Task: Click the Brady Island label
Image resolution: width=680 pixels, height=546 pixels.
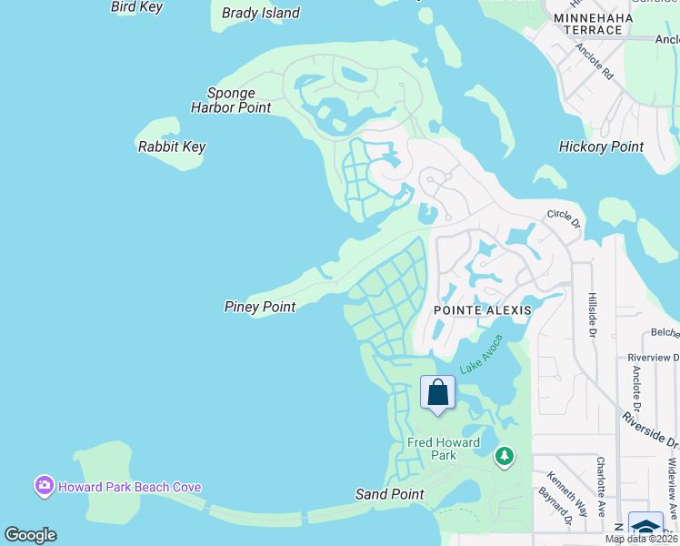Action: point(261,13)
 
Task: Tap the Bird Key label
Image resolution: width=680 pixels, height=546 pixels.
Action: point(136,6)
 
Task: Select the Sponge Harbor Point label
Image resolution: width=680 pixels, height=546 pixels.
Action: point(231,100)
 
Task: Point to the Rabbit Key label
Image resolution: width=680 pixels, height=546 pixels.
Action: point(172,147)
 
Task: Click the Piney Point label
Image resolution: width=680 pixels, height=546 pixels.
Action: point(260,307)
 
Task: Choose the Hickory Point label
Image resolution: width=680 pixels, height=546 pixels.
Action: point(601,147)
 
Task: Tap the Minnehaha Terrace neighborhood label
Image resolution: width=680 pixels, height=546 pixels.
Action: point(593,24)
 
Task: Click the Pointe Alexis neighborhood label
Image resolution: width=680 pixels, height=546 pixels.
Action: point(482,310)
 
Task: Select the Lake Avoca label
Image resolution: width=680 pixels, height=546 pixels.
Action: point(482,361)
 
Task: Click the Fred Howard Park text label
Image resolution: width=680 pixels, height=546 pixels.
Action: point(444,449)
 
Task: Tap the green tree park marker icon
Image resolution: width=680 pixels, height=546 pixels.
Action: point(505,456)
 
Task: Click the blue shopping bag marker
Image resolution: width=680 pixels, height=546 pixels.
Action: point(437,393)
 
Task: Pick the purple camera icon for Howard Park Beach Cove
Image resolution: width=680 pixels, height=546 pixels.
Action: point(44,486)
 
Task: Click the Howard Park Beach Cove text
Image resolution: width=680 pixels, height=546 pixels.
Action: point(129,487)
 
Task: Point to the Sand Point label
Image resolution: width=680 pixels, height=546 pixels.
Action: point(389,494)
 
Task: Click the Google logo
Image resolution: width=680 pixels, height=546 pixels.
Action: point(30,535)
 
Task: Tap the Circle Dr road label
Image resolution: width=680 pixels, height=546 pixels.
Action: point(563,217)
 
